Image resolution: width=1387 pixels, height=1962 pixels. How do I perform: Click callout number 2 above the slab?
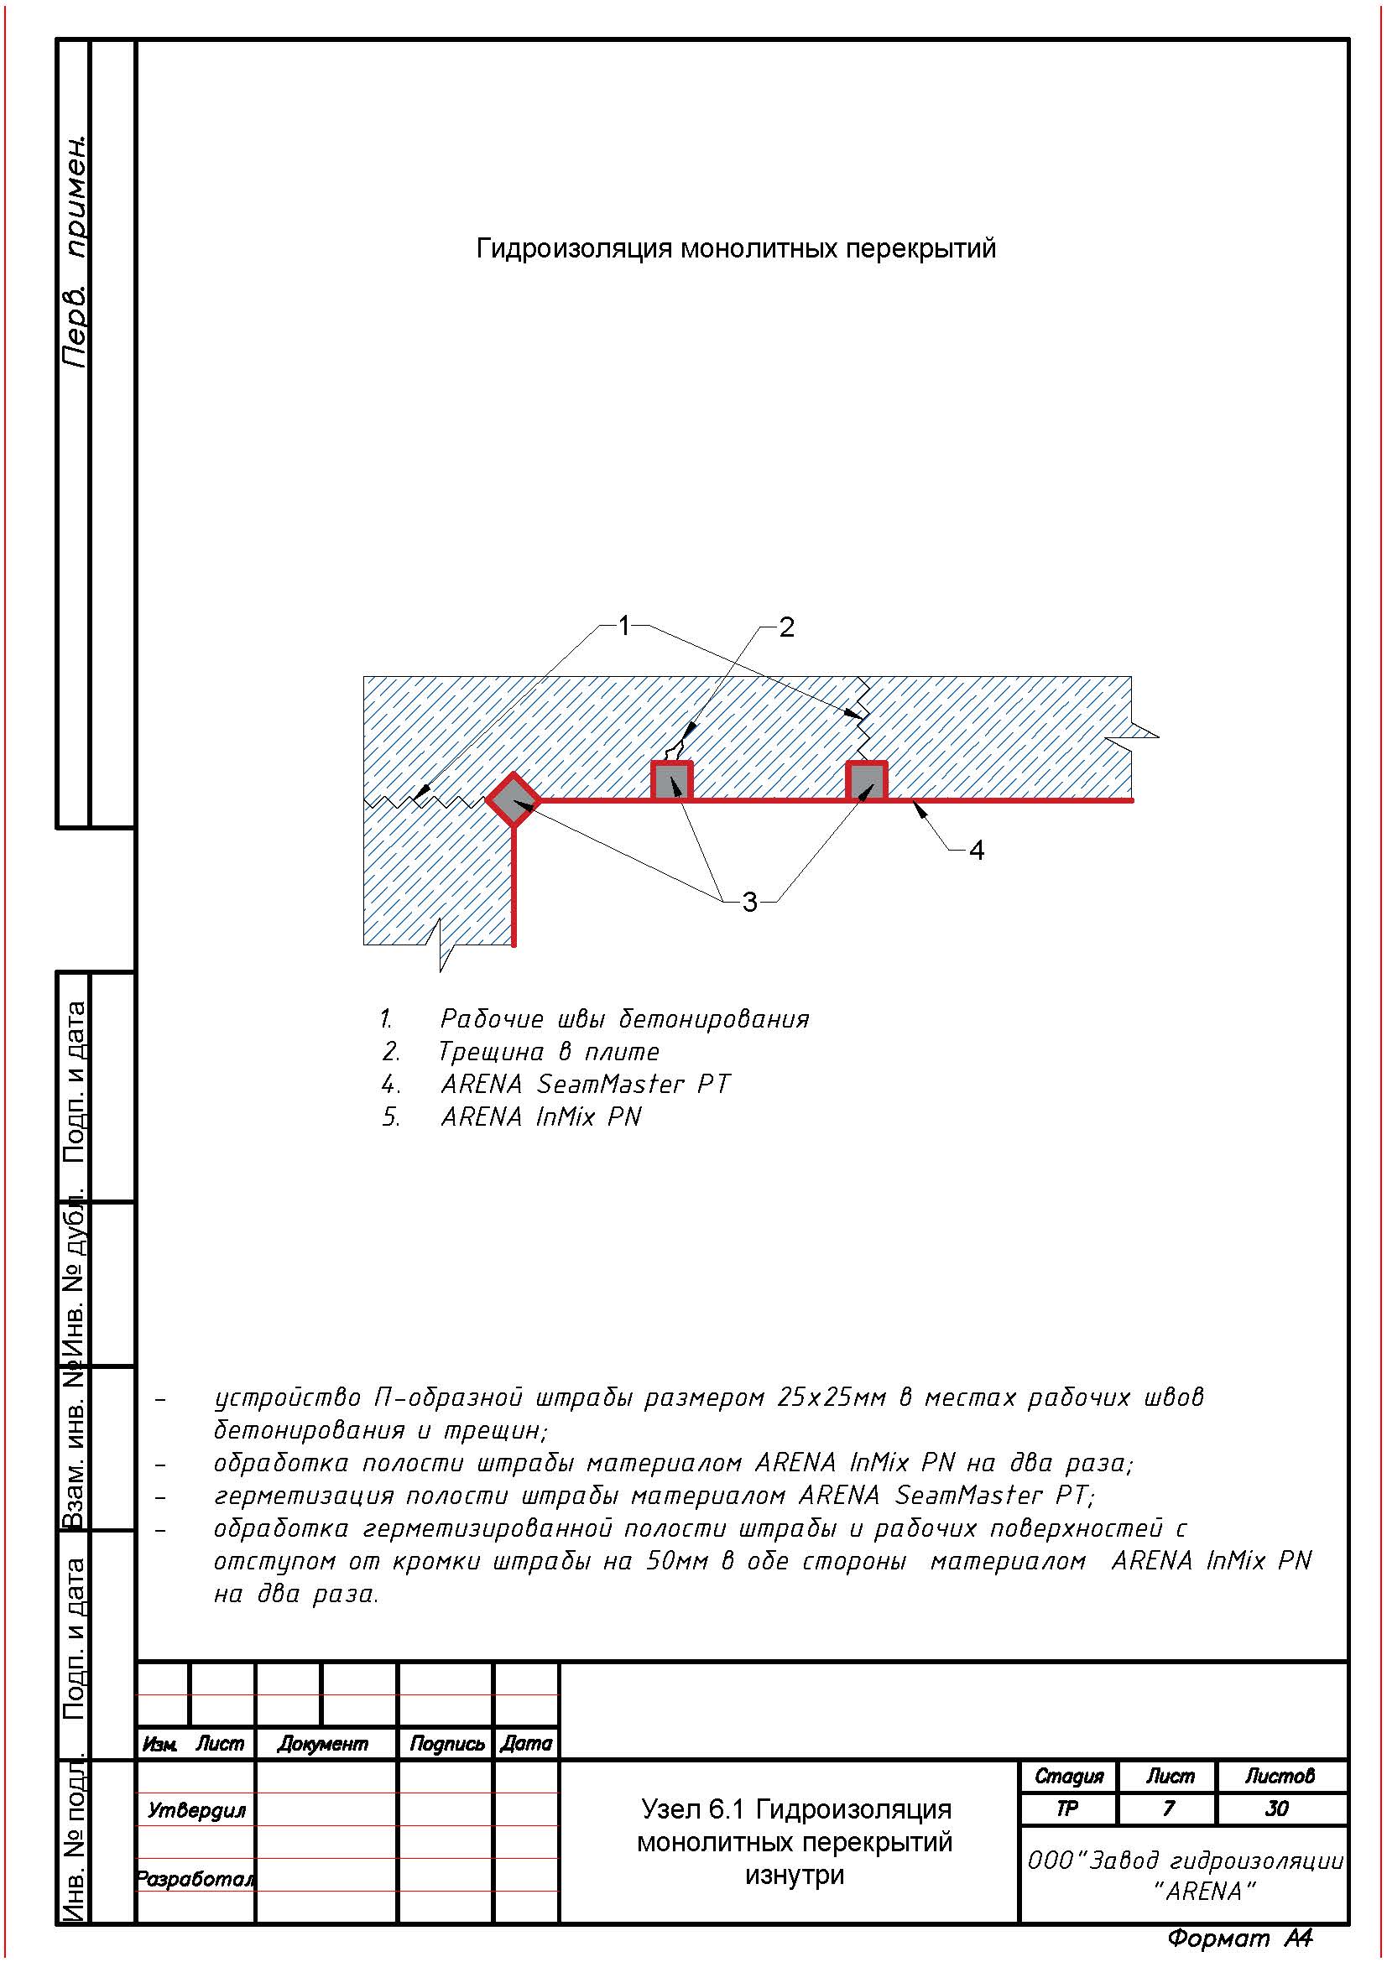coord(786,627)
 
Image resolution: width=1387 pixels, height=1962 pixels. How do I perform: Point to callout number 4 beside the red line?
coord(976,850)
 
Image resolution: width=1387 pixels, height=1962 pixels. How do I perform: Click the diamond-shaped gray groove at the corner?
coord(513,800)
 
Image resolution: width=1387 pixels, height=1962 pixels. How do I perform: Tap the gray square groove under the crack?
coord(672,781)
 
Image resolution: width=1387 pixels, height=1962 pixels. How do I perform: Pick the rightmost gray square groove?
coord(867,781)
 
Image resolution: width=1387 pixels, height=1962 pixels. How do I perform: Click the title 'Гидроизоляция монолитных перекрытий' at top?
coord(736,248)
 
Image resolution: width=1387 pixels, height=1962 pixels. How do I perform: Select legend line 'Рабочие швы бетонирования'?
coord(623,1018)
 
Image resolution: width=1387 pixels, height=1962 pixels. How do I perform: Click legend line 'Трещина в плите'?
coord(549,1051)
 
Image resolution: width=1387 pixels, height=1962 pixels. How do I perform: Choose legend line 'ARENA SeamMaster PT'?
coord(586,1084)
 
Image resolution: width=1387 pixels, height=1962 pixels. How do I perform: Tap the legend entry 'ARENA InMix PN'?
coord(541,1116)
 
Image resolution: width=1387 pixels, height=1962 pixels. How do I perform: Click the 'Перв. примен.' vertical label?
coord(76,249)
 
